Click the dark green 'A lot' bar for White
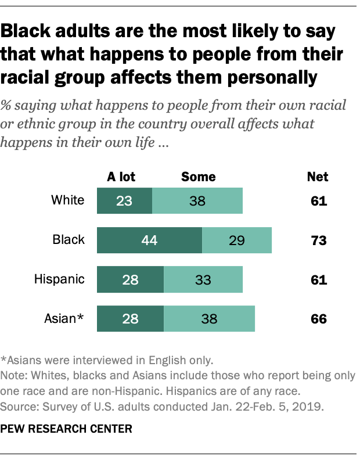pos(124,202)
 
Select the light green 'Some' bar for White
pos(197,202)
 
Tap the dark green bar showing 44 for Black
pos(149,240)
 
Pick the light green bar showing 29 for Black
pos(237,240)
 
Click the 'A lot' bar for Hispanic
pos(130,279)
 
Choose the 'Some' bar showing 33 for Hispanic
pos(203,279)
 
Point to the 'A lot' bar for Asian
pos(130,318)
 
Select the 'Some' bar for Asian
pos(209,318)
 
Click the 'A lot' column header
pos(121,177)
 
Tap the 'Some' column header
pos(198,177)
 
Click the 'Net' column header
pos(318,177)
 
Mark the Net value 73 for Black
pos(318,240)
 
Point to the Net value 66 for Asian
pos(318,318)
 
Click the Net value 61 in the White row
pos(318,202)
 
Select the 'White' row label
pos(67,202)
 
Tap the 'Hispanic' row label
pos(60,279)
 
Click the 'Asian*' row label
pos(65,318)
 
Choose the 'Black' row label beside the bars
pos(69,240)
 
